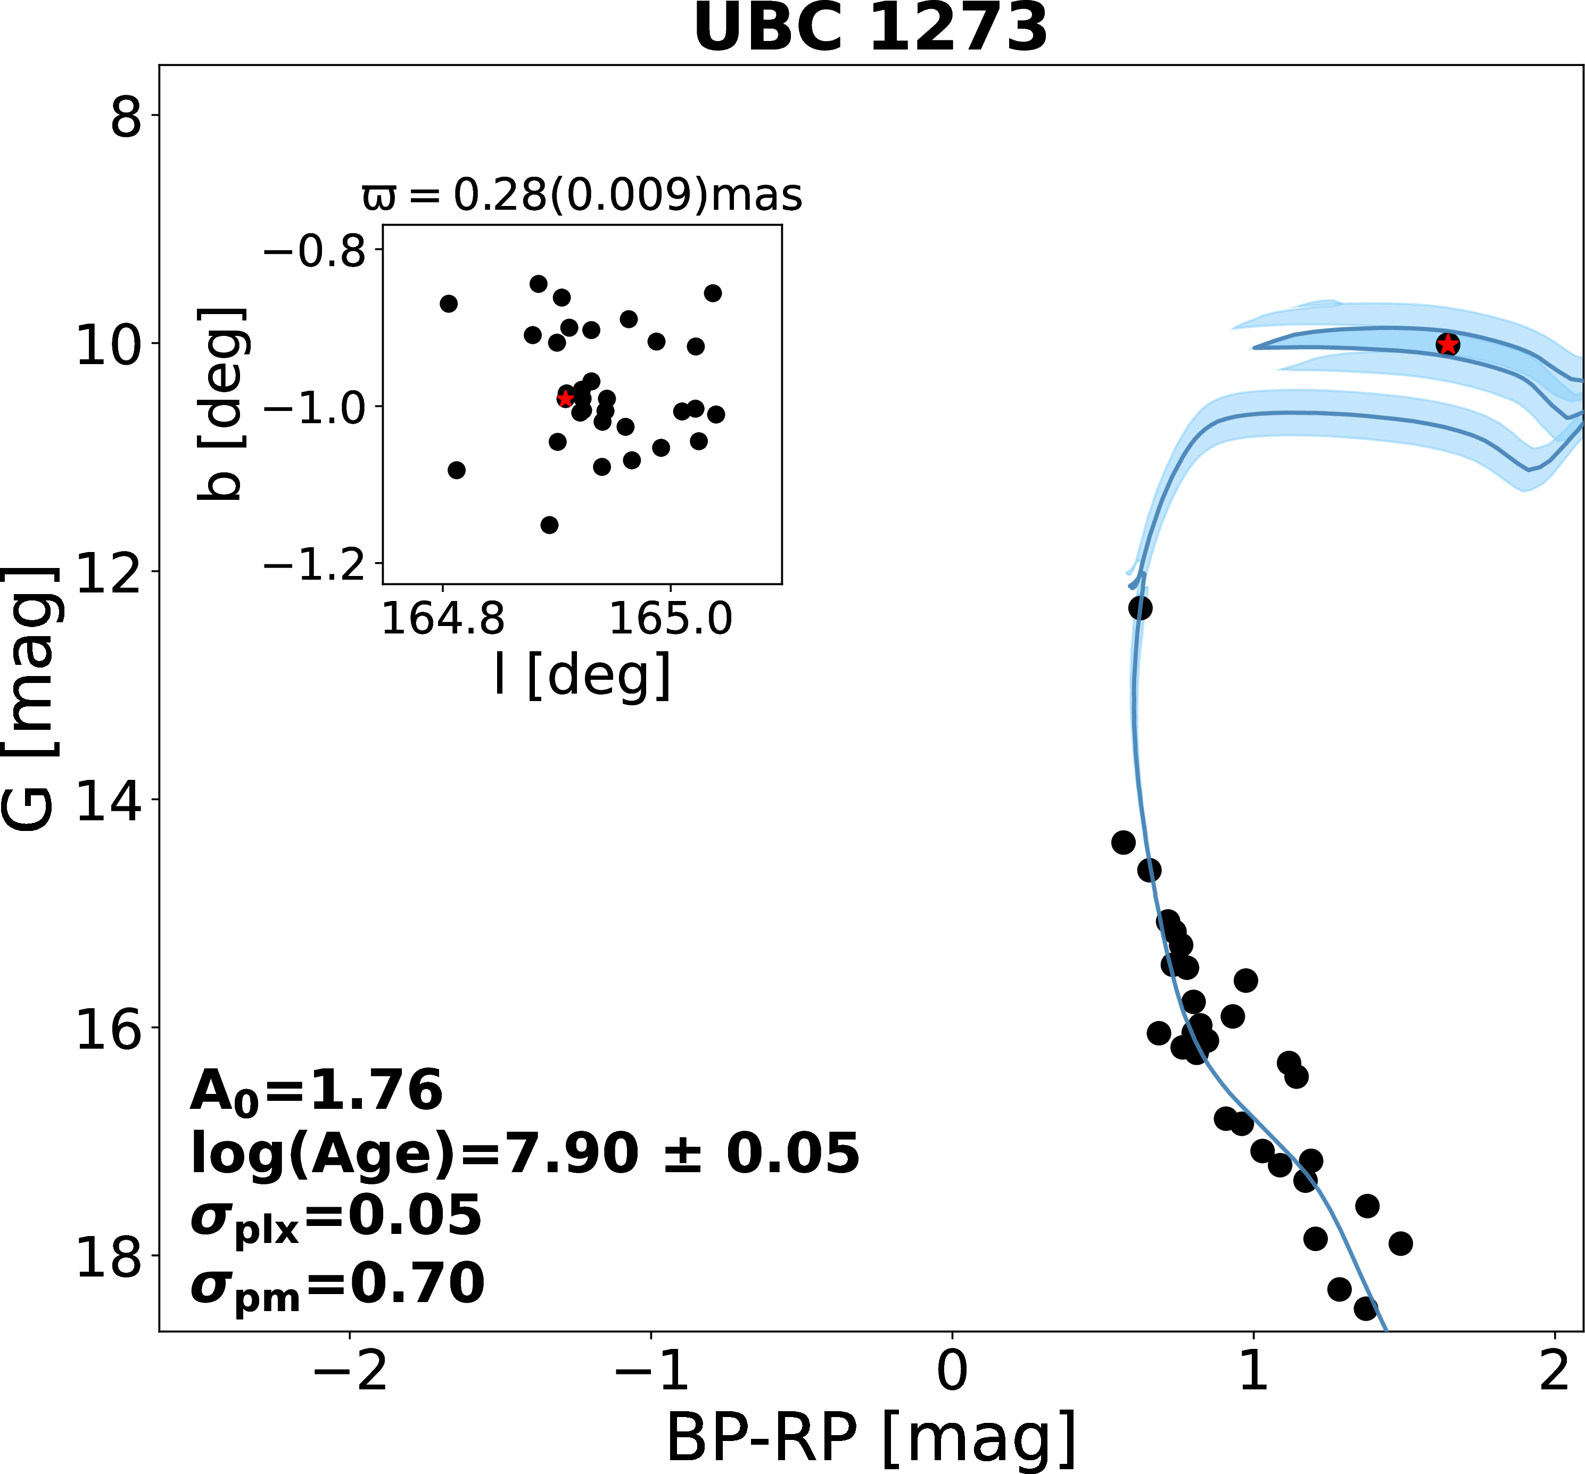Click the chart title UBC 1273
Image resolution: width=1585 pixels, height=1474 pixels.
(x=871, y=29)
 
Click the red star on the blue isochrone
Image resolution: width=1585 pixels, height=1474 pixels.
(x=1447, y=344)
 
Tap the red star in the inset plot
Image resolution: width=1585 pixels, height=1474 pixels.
(x=565, y=398)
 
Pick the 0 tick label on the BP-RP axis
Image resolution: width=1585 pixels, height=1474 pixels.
(x=952, y=1372)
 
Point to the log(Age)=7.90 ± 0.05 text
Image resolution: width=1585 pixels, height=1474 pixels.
(x=525, y=1154)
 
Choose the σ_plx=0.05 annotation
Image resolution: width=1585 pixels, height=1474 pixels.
(x=336, y=1217)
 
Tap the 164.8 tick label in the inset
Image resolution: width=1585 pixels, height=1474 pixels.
(x=443, y=619)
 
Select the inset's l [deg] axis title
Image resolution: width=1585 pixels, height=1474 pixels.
(x=582, y=675)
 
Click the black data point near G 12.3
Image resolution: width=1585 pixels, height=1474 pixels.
(x=1140, y=608)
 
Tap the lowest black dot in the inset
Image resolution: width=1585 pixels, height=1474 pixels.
(x=549, y=525)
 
